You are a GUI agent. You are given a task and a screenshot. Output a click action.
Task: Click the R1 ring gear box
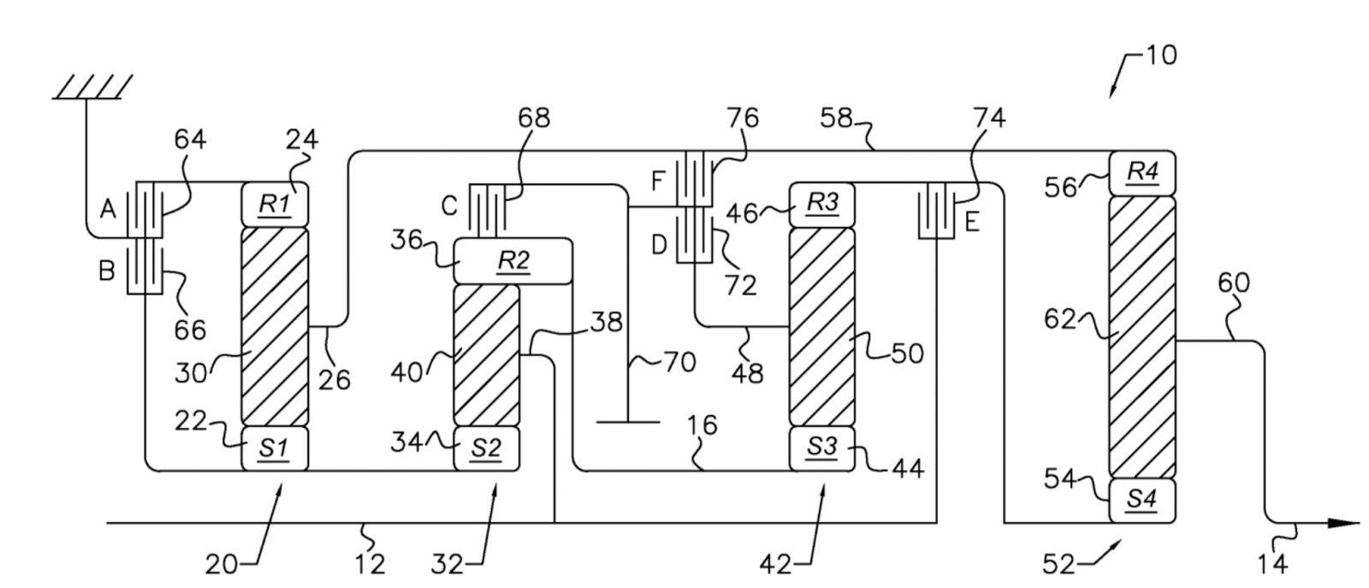click(x=275, y=205)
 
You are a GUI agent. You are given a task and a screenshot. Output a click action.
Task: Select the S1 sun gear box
click(x=275, y=448)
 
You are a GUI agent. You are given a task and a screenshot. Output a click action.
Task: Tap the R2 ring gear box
click(x=513, y=261)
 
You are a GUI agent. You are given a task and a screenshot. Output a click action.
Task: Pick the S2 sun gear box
click(x=487, y=448)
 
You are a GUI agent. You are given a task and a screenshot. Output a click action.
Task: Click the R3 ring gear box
click(x=822, y=205)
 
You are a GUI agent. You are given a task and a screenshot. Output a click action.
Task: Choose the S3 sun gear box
click(x=822, y=448)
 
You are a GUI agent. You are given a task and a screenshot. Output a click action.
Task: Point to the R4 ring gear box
click(x=1142, y=173)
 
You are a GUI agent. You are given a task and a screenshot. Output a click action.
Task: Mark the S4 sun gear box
click(x=1142, y=501)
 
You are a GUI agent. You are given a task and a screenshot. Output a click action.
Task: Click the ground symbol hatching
click(x=93, y=86)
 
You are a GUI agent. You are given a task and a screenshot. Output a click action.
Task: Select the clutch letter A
click(x=108, y=210)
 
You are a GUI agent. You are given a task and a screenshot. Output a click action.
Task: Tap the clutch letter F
click(x=658, y=181)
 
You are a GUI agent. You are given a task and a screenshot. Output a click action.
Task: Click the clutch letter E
click(x=972, y=223)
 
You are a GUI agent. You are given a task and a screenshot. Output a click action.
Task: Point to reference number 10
click(x=1160, y=56)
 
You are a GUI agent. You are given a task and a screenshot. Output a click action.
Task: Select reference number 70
click(x=680, y=362)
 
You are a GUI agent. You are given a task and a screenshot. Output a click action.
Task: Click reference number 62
click(x=1060, y=319)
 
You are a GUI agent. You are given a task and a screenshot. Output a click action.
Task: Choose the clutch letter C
click(x=449, y=206)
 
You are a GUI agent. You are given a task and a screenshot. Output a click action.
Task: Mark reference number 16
click(x=702, y=425)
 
